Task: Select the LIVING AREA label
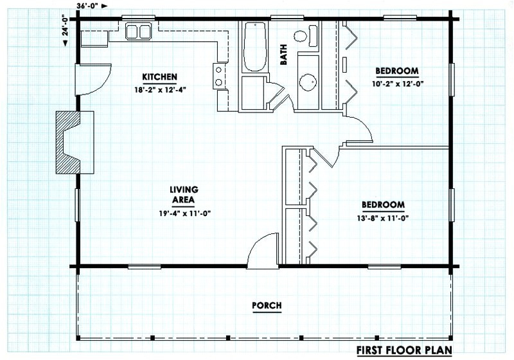[184, 194]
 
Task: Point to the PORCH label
[266, 305]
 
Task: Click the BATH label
[283, 57]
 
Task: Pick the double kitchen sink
[137, 31]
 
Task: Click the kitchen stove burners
[220, 75]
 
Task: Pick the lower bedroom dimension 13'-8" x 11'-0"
[383, 218]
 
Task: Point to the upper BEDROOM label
[397, 71]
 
